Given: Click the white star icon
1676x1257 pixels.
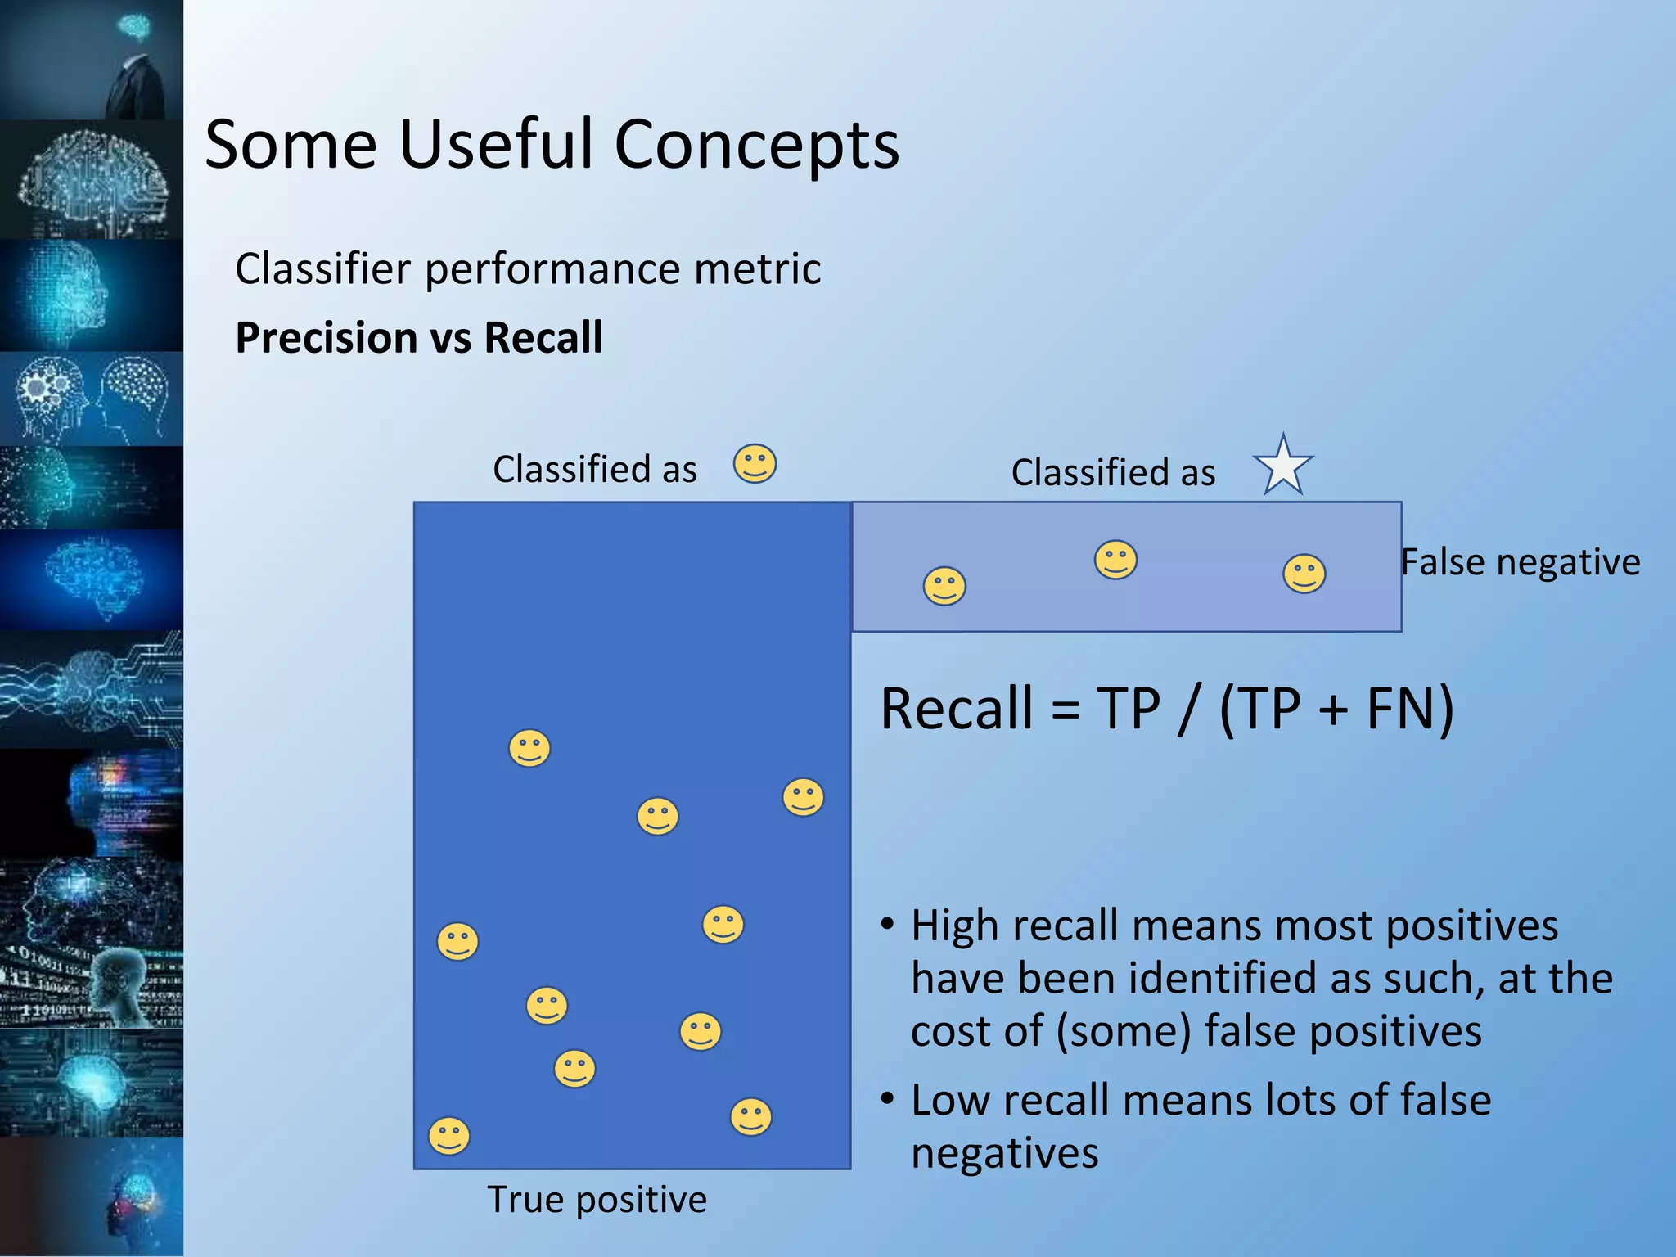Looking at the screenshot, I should pos(1282,466).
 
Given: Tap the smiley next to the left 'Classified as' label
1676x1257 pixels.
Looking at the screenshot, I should pos(755,464).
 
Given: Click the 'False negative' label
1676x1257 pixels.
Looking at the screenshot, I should pos(1521,562).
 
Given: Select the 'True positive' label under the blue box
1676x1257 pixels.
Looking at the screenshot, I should pos(597,1200).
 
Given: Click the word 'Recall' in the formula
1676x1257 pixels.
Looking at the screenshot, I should pos(956,709).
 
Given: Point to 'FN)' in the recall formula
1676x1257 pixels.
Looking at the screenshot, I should pos(1409,709).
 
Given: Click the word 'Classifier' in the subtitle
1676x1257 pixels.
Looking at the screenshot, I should pos(322,268).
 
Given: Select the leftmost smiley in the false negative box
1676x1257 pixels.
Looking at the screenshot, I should pos(944,586).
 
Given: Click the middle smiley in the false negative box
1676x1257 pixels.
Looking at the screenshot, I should pos(1115,560).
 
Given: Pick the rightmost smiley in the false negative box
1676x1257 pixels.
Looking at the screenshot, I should pos(1304,573).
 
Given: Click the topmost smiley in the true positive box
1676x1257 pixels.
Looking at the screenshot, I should pos(529,748).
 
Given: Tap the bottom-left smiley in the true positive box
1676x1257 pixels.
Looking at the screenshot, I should pos(449,1136).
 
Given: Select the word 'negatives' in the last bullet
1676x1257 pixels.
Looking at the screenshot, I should pos(1004,1153).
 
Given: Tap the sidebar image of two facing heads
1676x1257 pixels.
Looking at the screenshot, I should pos(92,399).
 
